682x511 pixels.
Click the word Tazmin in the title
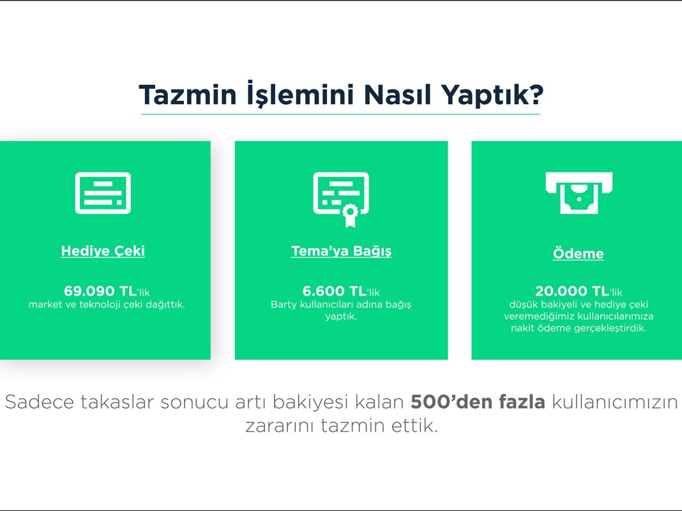pos(188,95)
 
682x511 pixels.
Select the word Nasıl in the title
pos(397,95)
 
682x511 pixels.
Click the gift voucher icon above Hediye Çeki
pos(103,193)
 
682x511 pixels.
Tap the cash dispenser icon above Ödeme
pos(579,193)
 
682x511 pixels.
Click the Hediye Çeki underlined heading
pos(103,251)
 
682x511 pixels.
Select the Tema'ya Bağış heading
pos(342,251)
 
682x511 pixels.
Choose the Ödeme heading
pos(579,253)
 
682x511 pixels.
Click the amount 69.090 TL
pos(100,291)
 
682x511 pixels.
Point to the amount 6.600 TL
pos(335,291)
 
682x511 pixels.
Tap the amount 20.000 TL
pos(572,291)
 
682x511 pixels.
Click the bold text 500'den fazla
pos(478,402)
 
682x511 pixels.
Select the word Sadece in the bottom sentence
pos(40,402)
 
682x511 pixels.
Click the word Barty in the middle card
pos(284,305)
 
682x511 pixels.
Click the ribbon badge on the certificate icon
pos(350,215)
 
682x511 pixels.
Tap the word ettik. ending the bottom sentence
pos(414,425)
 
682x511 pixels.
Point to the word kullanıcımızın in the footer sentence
pos(615,402)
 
